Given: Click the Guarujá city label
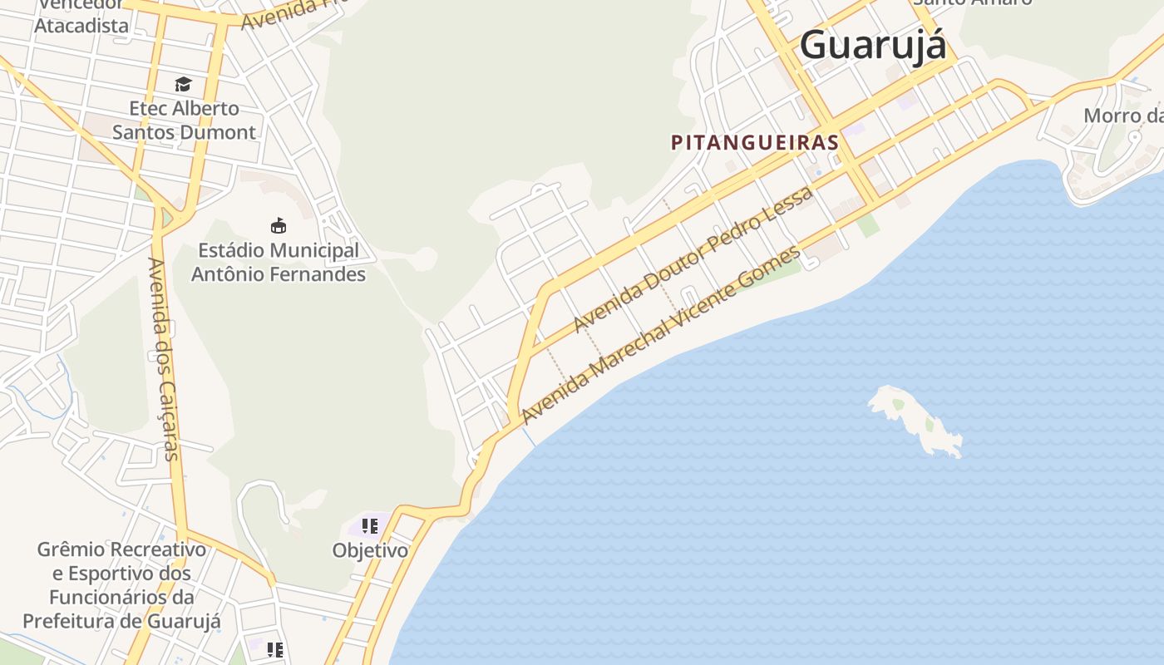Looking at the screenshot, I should click(x=873, y=45).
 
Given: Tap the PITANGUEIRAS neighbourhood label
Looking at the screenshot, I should click(x=755, y=143).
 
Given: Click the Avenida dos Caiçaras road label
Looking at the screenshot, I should click(x=163, y=358).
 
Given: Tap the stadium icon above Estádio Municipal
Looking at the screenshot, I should click(x=279, y=225).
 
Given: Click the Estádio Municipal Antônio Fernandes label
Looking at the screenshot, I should click(x=279, y=262).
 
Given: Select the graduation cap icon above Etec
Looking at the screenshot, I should click(x=183, y=84).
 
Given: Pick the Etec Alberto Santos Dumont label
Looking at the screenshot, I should click(x=184, y=121).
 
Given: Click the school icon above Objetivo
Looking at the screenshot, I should click(x=370, y=526).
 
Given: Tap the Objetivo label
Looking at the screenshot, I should click(x=370, y=550).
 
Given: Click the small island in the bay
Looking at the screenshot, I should click(x=915, y=418).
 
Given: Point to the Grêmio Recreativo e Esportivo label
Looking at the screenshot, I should click(x=121, y=585).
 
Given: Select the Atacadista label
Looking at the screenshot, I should click(x=81, y=26).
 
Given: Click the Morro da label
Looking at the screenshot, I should click(x=1122, y=116).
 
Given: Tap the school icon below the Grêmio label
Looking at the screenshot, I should click(x=275, y=649).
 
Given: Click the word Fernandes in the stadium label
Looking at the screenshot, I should click(x=321, y=274).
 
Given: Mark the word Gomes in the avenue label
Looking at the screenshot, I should click(x=768, y=268).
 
